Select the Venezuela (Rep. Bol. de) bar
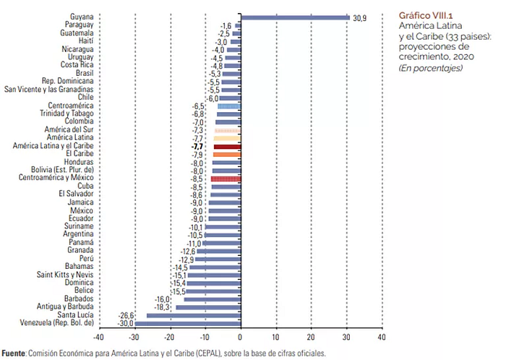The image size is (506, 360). tap(187, 323)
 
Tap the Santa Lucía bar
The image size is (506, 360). tap(193, 315)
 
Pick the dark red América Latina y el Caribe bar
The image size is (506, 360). tap(226, 146)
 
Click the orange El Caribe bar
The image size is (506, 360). tap(226, 154)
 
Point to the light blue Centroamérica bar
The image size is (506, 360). tap(228, 106)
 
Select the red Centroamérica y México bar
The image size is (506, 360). tap(225, 178)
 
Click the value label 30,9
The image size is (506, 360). tap(360, 17)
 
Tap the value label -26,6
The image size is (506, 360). tap(127, 315)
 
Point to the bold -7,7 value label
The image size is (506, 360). tap(196, 146)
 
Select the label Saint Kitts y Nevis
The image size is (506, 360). tap(65, 275)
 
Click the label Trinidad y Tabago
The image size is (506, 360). tap(68, 114)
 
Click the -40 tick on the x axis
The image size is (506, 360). tap(98, 336)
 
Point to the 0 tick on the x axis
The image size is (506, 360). tap(240, 336)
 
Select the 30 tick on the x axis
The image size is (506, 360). tap(346, 336)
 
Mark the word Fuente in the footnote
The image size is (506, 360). tap(13, 353)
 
